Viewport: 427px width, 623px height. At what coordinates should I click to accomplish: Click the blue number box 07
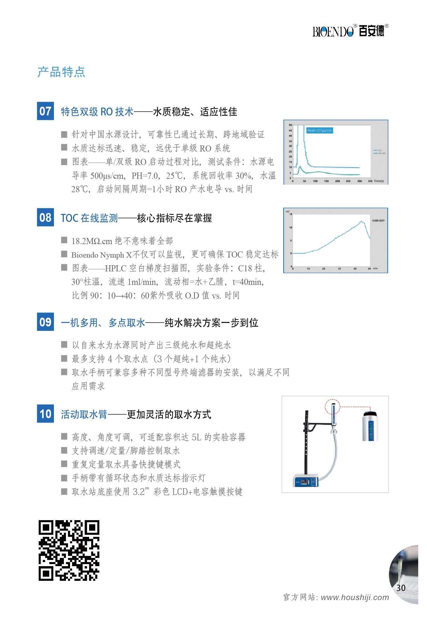coord(45,111)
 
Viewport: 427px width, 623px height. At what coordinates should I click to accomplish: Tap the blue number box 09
coord(45,322)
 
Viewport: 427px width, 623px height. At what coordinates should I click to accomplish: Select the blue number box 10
coord(45,414)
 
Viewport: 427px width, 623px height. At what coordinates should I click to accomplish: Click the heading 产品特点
coord(61,72)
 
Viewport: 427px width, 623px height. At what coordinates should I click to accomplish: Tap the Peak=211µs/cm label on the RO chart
coord(319,130)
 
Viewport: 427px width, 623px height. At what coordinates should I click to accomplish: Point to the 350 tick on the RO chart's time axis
coord(370,181)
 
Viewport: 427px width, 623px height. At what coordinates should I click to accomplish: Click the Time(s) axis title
coord(379,181)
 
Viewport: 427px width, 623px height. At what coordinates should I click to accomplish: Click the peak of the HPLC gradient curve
coord(361,221)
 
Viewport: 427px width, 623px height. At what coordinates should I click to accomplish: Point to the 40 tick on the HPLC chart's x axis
coord(355,269)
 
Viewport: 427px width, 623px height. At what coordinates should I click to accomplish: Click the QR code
coord(69,550)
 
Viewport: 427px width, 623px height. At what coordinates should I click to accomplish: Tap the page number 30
coord(401,588)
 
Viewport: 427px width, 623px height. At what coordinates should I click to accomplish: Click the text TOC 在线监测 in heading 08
coord(89,218)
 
